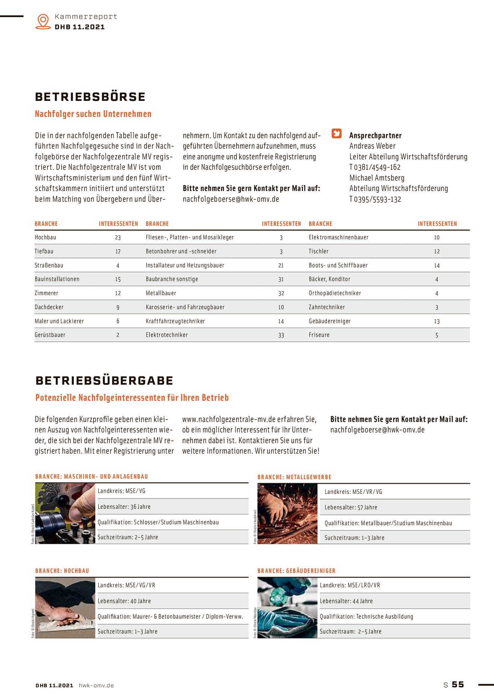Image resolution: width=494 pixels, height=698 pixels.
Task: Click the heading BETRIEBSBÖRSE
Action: [x=90, y=97]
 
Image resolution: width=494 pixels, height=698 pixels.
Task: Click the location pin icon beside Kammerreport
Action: [x=43, y=21]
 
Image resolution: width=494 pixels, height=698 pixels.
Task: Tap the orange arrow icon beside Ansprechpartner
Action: [x=336, y=134]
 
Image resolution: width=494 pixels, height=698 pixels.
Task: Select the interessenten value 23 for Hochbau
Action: [x=118, y=238]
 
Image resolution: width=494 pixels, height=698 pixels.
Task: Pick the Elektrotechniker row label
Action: [x=167, y=335]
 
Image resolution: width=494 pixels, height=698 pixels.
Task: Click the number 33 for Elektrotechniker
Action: [x=281, y=335]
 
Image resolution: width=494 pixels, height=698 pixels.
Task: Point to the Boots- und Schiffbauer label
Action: [x=338, y=265]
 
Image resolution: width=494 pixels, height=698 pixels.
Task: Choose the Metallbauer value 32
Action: [x=281, y=293]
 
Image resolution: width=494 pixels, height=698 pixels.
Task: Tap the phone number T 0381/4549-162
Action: [x=375, y=168]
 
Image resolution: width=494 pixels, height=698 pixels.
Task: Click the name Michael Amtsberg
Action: [x=377, y=178]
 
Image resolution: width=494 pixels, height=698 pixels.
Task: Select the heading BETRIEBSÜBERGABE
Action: [x=104, y=380]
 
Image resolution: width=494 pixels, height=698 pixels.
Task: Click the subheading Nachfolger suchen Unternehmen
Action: [x=93, y=114]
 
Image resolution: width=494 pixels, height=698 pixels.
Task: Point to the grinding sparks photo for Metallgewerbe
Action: [x=287, y=514]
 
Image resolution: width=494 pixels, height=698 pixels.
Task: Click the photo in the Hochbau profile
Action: [x=65, y=608]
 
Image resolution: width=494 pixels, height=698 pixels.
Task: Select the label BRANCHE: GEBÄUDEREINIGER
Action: [x=296, y=571]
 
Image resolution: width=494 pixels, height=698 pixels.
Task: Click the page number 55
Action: [x=458, y=685]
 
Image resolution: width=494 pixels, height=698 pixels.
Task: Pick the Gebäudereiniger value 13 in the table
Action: [x=437, y=321]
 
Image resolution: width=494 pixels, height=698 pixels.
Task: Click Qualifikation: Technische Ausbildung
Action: [x=366, y=616]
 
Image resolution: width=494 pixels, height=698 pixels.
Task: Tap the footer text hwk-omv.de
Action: [x=96, y=685]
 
